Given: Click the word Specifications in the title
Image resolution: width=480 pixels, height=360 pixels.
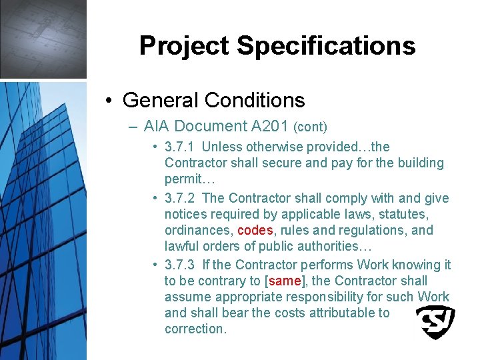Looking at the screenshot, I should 326,46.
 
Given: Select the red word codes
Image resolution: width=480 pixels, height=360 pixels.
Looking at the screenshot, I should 255,230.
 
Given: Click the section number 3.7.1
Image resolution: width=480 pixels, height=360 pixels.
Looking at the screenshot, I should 180,147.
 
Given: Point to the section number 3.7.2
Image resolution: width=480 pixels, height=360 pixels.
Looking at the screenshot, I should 180,198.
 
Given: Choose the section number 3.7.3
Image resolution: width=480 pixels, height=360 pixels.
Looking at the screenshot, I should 180,265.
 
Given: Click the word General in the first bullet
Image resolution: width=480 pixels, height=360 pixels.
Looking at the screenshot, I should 161,100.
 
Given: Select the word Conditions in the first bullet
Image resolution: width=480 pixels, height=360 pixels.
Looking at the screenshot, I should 255,100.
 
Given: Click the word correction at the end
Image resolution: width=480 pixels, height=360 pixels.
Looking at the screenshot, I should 195,329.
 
